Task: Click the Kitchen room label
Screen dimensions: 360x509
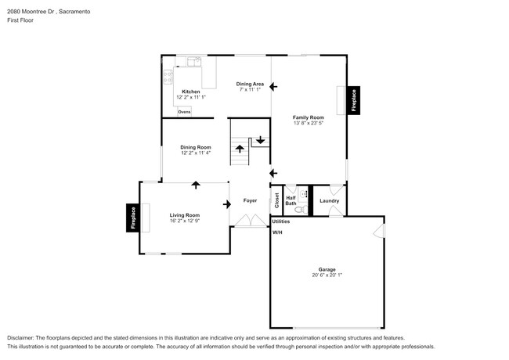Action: tap(191, 92)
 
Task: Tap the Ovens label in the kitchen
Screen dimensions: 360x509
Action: tap(184, 112)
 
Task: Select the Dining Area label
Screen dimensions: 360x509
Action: tap(249, 84)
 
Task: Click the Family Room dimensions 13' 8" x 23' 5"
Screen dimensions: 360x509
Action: tap(309, 123)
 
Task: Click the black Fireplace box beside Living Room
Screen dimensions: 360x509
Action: tap(132, 218)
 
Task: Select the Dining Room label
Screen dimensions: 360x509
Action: tap(196, 147)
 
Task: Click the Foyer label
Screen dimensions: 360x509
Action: tap(250, 200)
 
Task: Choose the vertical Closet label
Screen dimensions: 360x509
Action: tap(276, 200)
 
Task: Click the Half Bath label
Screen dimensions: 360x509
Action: tap(291, 201)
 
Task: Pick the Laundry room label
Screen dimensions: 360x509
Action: tap(329, 201)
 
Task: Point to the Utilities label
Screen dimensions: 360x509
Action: tap(281, 222)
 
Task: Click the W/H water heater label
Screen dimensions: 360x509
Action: tap(277, 232)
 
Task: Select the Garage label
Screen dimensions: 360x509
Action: tap(327, 269)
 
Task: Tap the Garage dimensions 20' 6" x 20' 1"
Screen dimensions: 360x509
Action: tap(327, 275)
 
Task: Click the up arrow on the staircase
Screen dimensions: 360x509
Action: tap(239, 147)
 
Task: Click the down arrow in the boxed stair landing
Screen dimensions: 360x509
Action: tap(259, 141)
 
